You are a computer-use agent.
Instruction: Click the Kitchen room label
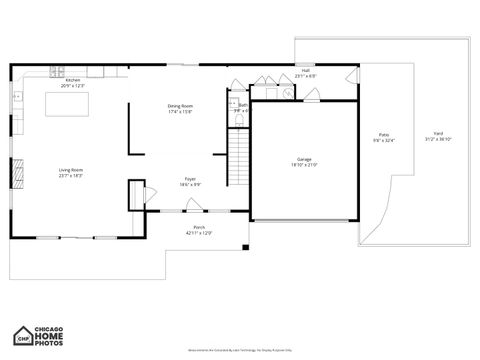click(x=73, y=80)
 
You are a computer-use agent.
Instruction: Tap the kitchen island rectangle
click(x=67, y=103)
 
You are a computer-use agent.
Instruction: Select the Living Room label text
click(x=71, y=170)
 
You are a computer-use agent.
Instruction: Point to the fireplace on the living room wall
click(x=14, y=168)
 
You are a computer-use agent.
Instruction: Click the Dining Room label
click(x=180, y=106)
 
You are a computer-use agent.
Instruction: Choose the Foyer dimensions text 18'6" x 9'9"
click(x=190, y=185)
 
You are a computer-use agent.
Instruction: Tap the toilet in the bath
click(x=238, y=119)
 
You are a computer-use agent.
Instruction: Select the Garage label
click(x=304, y=159)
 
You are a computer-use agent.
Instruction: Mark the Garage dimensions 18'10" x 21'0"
click(x=304, y=165)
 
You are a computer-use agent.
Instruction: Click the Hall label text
click(x=305, y=70)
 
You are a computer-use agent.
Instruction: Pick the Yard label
click(x=437, y=133)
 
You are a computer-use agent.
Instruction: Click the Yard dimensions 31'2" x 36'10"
click(x=437, y=139)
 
